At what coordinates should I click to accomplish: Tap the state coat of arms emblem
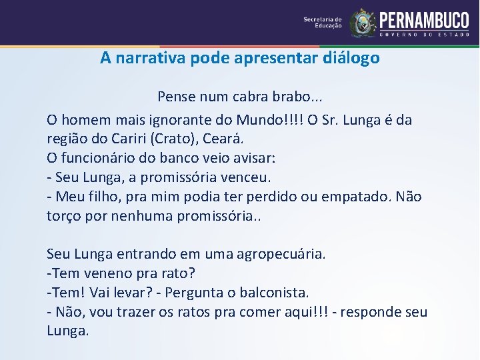363,23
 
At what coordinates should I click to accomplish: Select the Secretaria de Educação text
323,23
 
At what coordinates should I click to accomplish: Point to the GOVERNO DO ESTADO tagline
424,33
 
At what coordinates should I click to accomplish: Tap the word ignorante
165,121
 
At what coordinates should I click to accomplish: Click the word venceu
246,178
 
